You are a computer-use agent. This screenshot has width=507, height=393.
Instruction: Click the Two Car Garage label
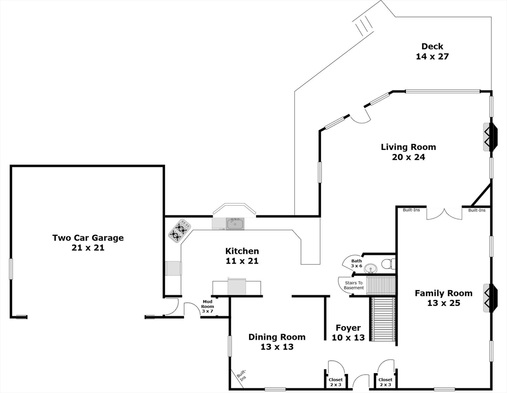point(88,243)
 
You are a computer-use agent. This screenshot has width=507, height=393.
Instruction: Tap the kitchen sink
point(235,224)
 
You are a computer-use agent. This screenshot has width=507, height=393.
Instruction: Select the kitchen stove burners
point(179,230)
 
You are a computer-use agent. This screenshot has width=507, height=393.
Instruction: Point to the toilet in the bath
point(388,264)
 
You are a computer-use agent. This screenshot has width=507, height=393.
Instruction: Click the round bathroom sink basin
point(370,269)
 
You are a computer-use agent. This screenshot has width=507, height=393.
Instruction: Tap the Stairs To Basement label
point(354,285)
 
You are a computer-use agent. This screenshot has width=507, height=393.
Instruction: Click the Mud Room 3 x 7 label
point(208,306)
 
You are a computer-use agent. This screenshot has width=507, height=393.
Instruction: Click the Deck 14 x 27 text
point(432,52)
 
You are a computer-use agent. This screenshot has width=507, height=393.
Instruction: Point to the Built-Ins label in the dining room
point(242,374)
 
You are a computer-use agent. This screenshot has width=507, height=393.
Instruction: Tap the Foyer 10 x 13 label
point(348,333)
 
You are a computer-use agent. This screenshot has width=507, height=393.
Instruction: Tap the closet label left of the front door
point(336,382)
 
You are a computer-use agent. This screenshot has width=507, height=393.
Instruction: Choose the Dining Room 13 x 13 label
point(277,342)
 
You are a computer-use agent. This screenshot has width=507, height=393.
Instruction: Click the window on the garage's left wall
point(11,268)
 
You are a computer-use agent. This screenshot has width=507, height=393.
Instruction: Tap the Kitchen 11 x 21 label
point(242,256)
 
